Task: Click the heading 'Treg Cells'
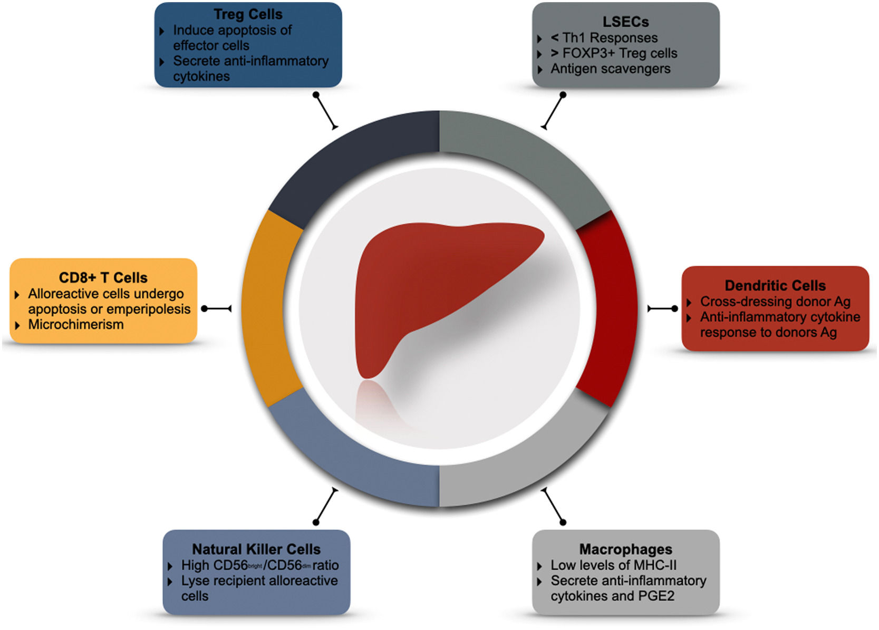click(248, 14)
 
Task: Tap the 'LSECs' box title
click(625, 22)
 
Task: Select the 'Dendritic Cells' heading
click(775, 285)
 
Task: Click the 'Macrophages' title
click(625, 549)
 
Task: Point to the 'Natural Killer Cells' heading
click(256, 549)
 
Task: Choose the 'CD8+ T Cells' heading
click(103, 277)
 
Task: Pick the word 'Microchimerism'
click(76, 324)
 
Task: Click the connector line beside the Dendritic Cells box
click(662, 308)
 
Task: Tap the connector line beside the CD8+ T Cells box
click(217, 308)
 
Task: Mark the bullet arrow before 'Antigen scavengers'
click(539, 70)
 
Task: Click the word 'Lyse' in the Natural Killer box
click(195, 580)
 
